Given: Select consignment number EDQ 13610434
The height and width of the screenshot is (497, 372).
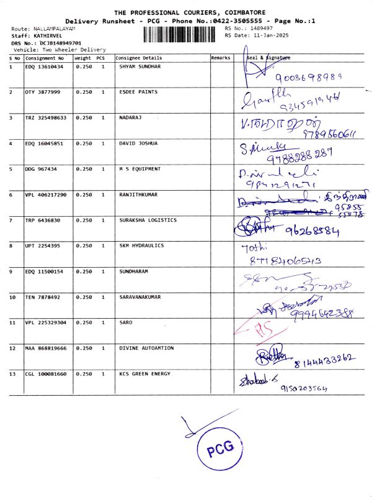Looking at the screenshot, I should (44, 66).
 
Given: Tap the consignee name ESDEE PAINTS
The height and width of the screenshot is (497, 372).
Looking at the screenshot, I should (138, 92).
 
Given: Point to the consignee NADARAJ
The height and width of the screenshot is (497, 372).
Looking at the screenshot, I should (131, 117).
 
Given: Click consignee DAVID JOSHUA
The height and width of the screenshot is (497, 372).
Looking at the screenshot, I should (138, 144).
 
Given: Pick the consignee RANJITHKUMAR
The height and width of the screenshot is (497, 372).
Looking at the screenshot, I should (138, 194).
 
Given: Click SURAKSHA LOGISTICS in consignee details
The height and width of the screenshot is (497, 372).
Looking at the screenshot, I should (148, 220).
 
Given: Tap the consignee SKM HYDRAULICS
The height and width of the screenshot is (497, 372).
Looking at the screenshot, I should (141, 246).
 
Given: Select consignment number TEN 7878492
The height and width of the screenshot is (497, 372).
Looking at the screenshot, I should (42, 297).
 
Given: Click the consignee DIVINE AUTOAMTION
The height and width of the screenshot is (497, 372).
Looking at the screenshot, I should (146, 348).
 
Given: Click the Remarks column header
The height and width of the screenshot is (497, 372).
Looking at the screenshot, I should (221, 57).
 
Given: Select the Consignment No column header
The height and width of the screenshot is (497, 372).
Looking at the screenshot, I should (44, 57).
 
